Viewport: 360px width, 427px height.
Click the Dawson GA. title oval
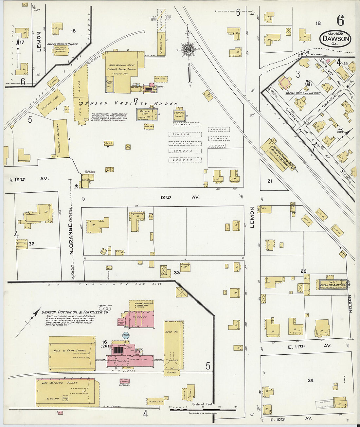coord(335,39)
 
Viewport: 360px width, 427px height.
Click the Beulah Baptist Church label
coord(62,44)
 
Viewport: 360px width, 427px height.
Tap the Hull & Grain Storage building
coord(72,353)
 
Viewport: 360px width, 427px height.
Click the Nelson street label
coord(350,304)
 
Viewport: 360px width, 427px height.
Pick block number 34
coord(310,380)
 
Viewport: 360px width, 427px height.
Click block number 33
coord(177,272)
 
